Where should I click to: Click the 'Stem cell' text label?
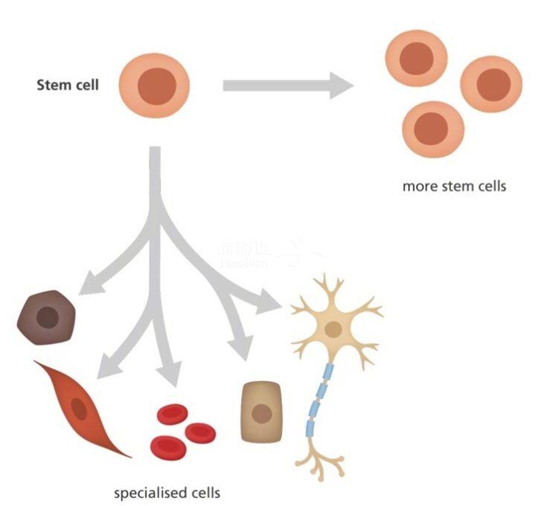(67, 85)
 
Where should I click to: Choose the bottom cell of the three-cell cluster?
(432, 128)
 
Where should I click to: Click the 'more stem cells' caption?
(454, 186)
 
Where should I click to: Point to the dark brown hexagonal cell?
(47, 318)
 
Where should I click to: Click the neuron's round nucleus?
(333, 329)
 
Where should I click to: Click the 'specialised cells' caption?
(167, 493)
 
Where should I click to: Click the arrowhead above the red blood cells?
(168, 372)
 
